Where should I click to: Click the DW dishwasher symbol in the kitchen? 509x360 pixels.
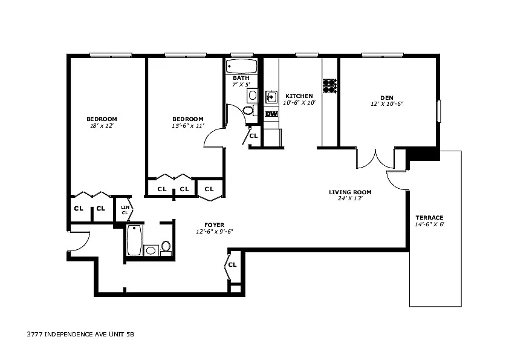pos(271,114)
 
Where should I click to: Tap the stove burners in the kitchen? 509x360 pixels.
pos(329,85)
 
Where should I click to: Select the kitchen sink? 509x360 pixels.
pos(271,97)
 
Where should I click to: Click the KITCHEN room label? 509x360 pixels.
pos(299,96)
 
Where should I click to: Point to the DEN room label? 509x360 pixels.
pos(387,97)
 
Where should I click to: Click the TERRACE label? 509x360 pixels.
pos(429,217)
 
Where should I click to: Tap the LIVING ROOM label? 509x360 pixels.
pos(350,192)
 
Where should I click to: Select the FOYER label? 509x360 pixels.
pos(214,225)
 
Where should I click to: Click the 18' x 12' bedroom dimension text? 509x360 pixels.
pos(102,126)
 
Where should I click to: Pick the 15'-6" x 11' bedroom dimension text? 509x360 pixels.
pos(188,126)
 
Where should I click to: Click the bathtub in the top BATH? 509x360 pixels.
pos(241,67)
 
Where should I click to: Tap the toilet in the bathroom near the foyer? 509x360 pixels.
pos(166,248)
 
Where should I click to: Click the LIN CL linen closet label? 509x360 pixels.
pos(125,210)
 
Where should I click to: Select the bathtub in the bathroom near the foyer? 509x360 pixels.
pos(134,240)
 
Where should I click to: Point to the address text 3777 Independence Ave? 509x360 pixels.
pos(80,334)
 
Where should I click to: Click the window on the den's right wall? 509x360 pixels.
pos(438,111)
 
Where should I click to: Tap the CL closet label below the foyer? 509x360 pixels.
pos(232,265)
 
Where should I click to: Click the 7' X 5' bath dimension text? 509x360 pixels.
pos(241,85)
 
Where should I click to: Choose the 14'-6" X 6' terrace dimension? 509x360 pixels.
pos(429,224)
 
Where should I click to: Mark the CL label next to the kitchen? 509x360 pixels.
pos(253,136)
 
